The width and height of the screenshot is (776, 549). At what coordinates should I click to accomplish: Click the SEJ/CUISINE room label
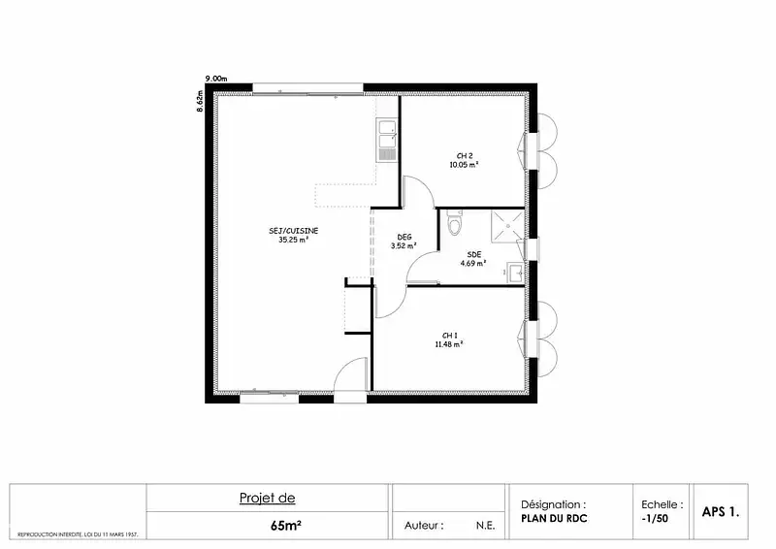pyautogui.click(x=294, y=231)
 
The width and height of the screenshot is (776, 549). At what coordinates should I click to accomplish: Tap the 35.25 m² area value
pyautogui.click(x=294, y=240)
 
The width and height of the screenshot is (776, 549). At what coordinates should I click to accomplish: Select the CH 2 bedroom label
pyautogui.click(x=465, y=156)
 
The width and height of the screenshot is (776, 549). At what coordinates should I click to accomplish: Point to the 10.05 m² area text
pyautogui.click(x=464, y=165)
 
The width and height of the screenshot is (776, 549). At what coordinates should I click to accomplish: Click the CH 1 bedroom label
pyautogui.click(x=449, y=336)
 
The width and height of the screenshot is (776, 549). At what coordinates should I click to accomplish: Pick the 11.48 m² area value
pyautogui.click(x=449, y=344)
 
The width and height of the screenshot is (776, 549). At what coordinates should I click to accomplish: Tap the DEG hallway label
pyautogui.click(x=404, y=237)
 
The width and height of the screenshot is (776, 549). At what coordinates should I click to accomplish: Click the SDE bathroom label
pyautogui.click(x=474, y=254)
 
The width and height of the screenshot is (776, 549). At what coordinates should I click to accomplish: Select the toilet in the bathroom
pyautogui.click(x=454, y=222)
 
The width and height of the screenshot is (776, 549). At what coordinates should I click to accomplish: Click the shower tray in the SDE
pyautogui.click(x=507, y=226)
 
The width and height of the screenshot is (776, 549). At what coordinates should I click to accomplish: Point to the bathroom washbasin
pyautogui.click(x=516, y=273)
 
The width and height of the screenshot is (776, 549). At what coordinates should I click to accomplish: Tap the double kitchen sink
pyautogui.click(x=386, y=140)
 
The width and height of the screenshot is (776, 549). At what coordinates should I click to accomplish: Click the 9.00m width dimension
pyautogui.click(x=216, y=79)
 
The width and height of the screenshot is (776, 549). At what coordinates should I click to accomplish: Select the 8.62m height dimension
pyautogui.click(x=201, y=101)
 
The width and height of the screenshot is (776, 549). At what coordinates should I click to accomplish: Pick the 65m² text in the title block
pyautogui.click(x=286, y=526)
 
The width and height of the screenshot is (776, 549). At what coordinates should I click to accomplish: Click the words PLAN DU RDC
pyautogui.click(x=554, y=518)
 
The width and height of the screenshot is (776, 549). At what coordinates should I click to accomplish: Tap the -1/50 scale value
pyautogui.click(x=654, y=518)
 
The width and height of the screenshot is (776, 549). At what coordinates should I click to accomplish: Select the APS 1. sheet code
pyautogui.click(x=721, y=512)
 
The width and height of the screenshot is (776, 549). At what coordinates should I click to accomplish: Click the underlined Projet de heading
pyautogui.click(x=268, y=498)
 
